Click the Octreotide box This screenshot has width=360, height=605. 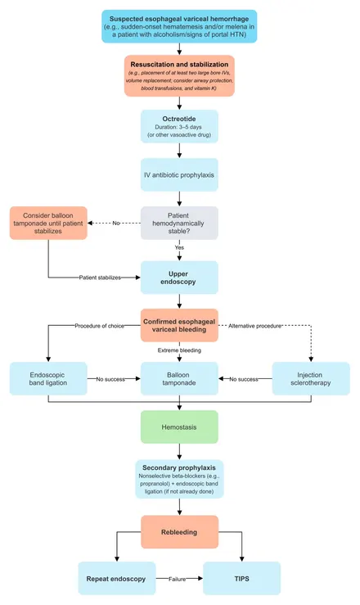click(179, 127)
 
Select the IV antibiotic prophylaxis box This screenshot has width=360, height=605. click(179, 174)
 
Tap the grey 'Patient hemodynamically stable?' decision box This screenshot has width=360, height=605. click(179, 223)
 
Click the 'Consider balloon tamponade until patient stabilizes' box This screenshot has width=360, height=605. click(48, 223)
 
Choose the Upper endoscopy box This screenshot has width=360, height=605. click(179, 278)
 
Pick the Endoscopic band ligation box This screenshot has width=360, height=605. click(48, 378)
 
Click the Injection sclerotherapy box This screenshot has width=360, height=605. click(311, 378)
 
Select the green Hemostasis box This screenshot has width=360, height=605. click(179, 427)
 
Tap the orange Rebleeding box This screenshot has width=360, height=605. click(179, 532)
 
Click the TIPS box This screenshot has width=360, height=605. click(241, 578)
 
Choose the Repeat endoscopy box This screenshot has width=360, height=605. click(117, 578)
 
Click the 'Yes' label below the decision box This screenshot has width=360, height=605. click(179, 247)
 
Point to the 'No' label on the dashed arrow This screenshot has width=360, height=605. click(116, 223)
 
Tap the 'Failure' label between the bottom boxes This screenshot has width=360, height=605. click(177, 579)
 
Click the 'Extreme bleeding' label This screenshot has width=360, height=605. click(179, 350)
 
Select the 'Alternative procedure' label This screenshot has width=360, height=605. click(254, 326)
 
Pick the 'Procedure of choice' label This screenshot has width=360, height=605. click(100, 326)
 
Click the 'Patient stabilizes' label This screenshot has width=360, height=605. click(100, 278)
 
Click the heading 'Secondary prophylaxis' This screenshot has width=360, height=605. click(179, 467)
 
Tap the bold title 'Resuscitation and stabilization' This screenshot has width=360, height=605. click(179, 65)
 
